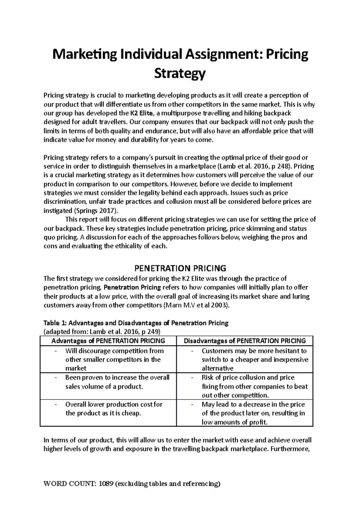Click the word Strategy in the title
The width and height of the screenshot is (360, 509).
point(180,73)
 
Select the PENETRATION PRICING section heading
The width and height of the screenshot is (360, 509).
point(180,268)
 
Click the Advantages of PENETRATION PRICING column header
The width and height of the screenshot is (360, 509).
point(108,341)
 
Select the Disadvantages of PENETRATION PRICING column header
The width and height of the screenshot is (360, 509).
point(244,341)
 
